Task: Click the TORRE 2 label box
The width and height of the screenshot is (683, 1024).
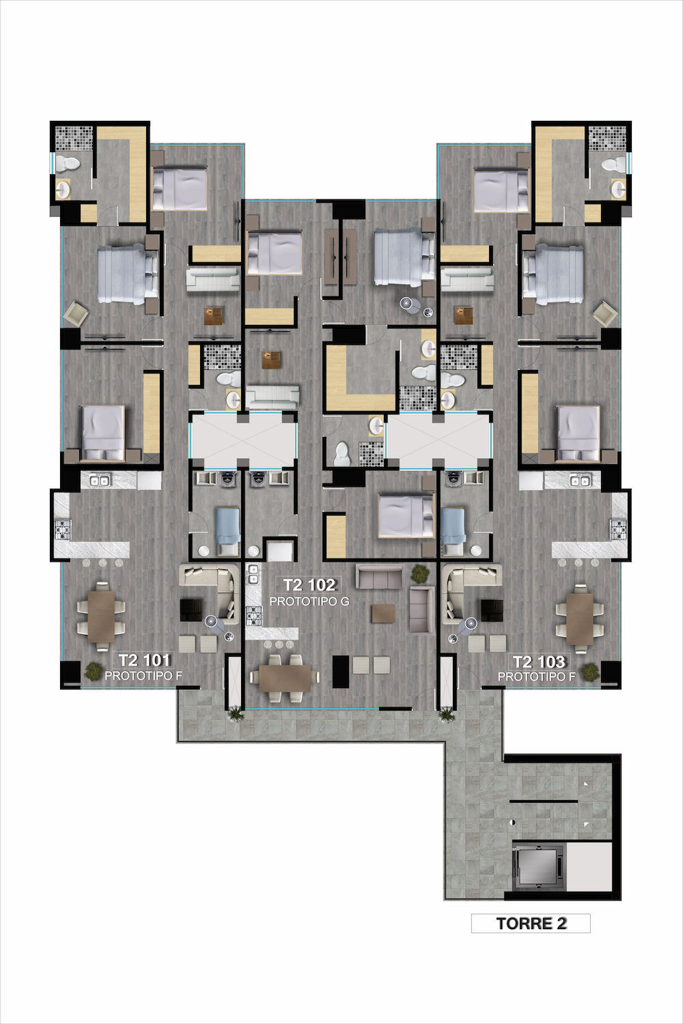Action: (x=531, y=923)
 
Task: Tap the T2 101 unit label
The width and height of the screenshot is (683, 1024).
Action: (x=144, y=660)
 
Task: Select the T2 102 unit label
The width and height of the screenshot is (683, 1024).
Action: (x=309, y=584)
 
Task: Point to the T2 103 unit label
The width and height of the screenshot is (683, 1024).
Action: (x=539, y=662)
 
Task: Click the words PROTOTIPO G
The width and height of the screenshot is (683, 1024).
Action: (x=309, y=601)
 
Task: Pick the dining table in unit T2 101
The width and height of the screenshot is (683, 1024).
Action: (x=101, y=616)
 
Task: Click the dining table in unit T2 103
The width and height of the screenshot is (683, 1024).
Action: (x=580, y=618)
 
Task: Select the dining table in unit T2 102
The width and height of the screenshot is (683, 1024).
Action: (x=285, y=677)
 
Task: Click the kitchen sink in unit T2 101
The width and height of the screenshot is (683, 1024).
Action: (x=99, y=481)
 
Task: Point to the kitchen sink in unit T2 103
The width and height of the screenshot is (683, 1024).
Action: (x=580, y=481)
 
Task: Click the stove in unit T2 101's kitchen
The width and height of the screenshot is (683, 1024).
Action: (x=61, y=530)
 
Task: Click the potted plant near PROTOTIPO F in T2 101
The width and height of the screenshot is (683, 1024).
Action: (x=94, y=671)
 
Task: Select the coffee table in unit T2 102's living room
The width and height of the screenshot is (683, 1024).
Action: (x=383, y=614)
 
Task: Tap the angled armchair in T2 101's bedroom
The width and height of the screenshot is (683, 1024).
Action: (x=76, y=313)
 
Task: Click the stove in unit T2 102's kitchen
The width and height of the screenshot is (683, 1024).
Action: (x=254, y=615)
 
